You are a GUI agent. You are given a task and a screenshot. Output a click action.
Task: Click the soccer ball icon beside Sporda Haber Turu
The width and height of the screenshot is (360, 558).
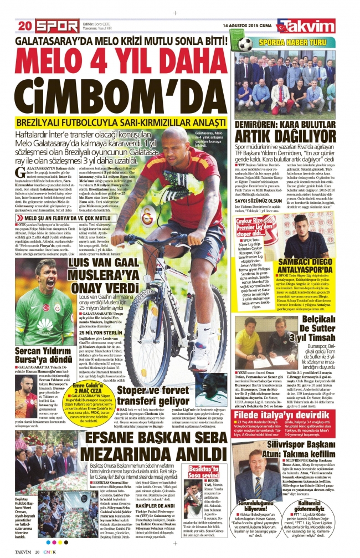(239, 43)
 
